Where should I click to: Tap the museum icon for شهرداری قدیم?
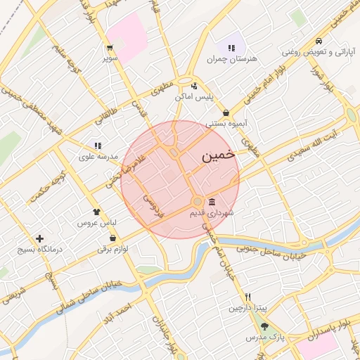click(x=212, y=202)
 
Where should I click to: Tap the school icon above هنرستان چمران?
click(x=231, y=49)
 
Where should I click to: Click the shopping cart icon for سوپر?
click(x=110, y=48)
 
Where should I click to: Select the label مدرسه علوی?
click(x=97, y=157)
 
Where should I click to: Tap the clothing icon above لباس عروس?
click(x=96, y=210)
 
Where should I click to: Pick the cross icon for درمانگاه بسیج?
click(x=39, y=239)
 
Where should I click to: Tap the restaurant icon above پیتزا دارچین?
click(x=247, y=297)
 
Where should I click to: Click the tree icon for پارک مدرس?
click(x=264, y=326)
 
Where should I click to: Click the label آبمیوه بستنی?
click(x=226, y=124)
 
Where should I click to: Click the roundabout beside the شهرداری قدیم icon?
click(x=198, y=202)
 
